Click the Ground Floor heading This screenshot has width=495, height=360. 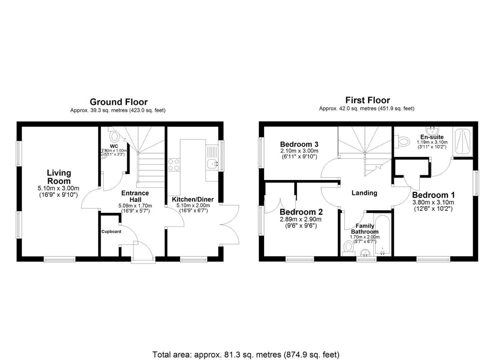pyautogui.click(x=118, y=102)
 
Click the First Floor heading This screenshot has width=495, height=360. pyautogui.click(x=367, y=100)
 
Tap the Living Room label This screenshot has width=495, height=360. pyautogui.click(x=59, y=177)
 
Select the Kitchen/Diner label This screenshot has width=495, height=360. pyautogui.click(x=193, y=199)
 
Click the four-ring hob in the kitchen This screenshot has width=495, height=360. pyautogui.click(x=173, y=165)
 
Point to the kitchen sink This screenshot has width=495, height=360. pyautogui.click(x=212, y=163)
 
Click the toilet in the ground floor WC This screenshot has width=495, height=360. pyautogui.click(x=114, y=136)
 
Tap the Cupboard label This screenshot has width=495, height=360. pyautogui.click(x=111, y=231)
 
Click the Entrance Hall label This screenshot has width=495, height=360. pyautogui.click(x=135, y=196)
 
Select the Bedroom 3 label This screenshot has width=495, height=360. pyautogui.click(x=299, y=144)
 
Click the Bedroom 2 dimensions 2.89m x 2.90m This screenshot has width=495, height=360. pyautogui.click(x=301, y=219)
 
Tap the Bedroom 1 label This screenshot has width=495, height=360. pyautogui.click(x=433, y=195)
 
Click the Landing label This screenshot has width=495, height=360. pyautogui.click(x=364, y=193)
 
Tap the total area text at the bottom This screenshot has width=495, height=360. pyautogui.click(x=246, y=354)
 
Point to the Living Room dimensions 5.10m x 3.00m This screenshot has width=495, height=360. pyautogui.click(x=59, y=189)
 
